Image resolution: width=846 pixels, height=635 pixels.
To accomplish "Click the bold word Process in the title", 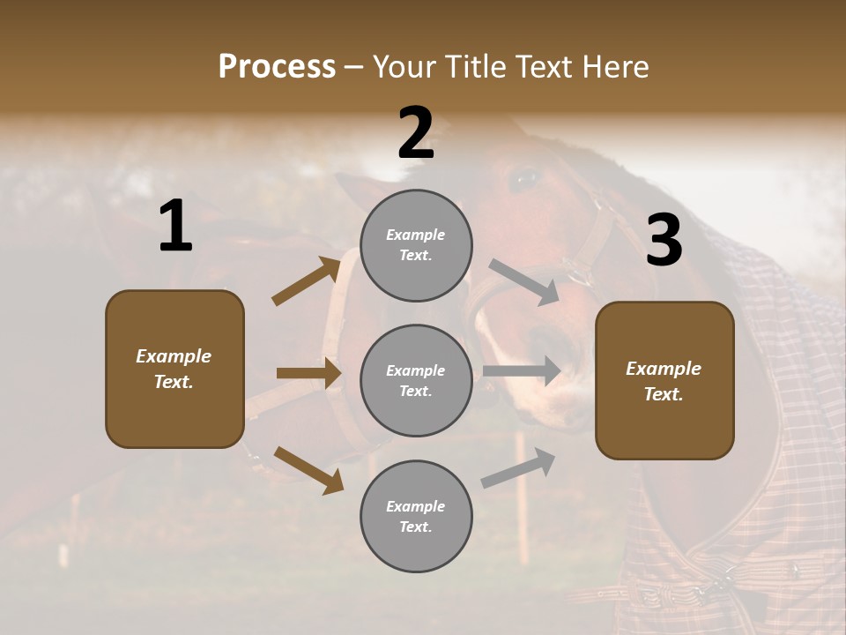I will (x=277, y=66).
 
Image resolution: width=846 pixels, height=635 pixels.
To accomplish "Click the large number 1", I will (x=175, y=227).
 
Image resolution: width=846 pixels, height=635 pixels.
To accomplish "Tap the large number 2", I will (x=416, y=132).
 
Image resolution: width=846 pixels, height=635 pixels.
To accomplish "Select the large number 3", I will (x=664, y=241).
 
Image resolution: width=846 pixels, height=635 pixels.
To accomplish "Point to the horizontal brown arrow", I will (x=308, y=373).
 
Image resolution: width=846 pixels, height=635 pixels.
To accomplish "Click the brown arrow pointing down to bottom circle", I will (x=308, y=469).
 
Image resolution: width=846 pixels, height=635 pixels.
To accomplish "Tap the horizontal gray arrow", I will (x=521, y=370).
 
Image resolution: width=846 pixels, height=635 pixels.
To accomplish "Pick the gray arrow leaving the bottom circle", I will (x=518, y=468).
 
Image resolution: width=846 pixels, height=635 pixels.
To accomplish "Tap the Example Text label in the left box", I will (x=174, y=369).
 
